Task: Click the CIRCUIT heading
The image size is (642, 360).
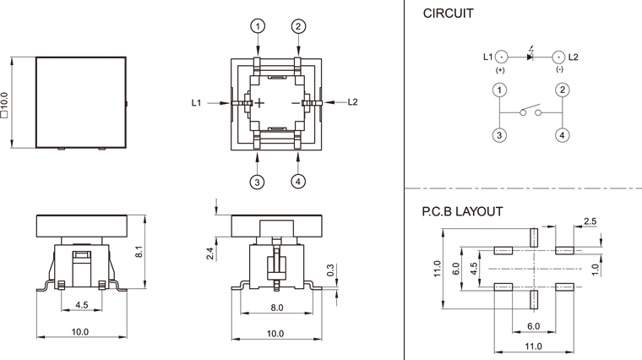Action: click(x=448, y=14)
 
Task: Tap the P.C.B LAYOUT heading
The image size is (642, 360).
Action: click(x=462, y=212)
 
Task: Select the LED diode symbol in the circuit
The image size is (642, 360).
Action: click(x=530, y=57)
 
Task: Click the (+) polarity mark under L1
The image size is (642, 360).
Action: click(x=500, y=70)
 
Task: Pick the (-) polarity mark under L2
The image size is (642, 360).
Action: click(x=559, y=70)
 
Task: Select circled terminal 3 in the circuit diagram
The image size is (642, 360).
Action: click(x=500, y=134)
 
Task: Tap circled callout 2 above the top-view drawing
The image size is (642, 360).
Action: click(x=297, y=26)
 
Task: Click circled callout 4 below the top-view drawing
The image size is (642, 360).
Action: click(x=297, y=181)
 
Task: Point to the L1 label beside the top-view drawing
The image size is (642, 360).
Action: click(x=196, y=102)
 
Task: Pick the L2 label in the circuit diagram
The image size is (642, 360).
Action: click(x=573, y=57)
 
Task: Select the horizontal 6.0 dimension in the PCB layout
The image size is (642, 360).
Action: click(x=533, y=325)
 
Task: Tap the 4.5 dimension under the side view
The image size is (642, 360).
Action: click(x=82, y=305)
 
